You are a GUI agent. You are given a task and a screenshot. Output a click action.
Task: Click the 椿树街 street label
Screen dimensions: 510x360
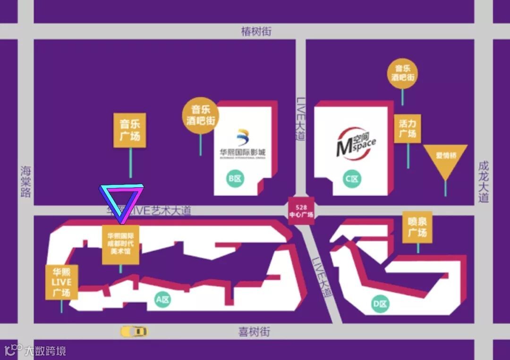point(256,32)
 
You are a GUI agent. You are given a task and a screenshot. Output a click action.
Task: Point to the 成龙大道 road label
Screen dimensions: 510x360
point(483,182)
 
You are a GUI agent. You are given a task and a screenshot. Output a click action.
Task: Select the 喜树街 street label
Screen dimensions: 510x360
point(254,332)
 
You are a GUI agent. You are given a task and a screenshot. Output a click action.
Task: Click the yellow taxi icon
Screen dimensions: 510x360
point(134,331)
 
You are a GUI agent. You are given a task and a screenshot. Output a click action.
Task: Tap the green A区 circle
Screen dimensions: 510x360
point(162,300)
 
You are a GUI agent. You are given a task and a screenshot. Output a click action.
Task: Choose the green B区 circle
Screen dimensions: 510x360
point(235,179)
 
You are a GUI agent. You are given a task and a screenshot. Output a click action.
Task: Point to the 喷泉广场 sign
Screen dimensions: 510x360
point(417,227)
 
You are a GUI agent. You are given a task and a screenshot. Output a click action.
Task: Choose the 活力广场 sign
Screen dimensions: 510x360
point(407,129)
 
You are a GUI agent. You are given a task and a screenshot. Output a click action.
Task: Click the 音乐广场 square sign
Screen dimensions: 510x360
point(130,130)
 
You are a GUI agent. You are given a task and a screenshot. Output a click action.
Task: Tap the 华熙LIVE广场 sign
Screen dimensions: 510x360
point(61,282)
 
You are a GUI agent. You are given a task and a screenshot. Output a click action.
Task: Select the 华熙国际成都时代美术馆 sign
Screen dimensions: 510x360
point(121,244)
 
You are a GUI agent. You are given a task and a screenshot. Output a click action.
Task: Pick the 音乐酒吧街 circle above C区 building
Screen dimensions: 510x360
point(402,73)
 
